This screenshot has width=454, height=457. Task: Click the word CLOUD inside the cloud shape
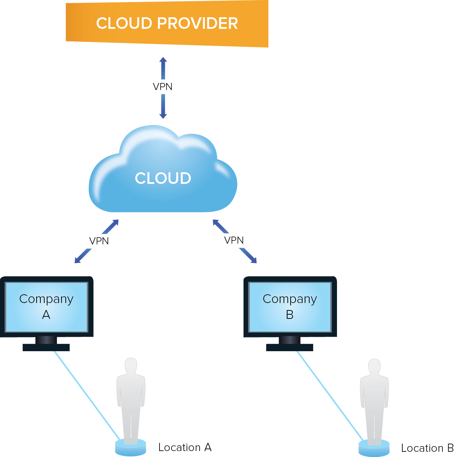pos(163,178)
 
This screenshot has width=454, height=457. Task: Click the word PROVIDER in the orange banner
pos(197,24)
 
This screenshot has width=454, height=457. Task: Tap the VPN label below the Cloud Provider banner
pos(162,86)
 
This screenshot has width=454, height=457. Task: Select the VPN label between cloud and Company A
pos(99,241)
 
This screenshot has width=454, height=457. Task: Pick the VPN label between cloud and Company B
pos(234,240)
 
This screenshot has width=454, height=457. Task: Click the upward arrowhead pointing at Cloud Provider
pos(163,60)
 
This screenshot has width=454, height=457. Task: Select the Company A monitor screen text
pos(46,306)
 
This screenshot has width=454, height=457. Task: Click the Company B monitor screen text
pos(290,306)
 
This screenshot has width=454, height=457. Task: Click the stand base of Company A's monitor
pos(46,347)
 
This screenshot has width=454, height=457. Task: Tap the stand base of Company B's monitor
pos(290,347)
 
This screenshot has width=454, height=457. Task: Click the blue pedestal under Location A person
pos(130,448)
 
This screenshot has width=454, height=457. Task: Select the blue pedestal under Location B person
pos(374,449)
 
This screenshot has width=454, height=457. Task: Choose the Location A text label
pos(185,447)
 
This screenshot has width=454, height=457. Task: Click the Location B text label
pos(427,448)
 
